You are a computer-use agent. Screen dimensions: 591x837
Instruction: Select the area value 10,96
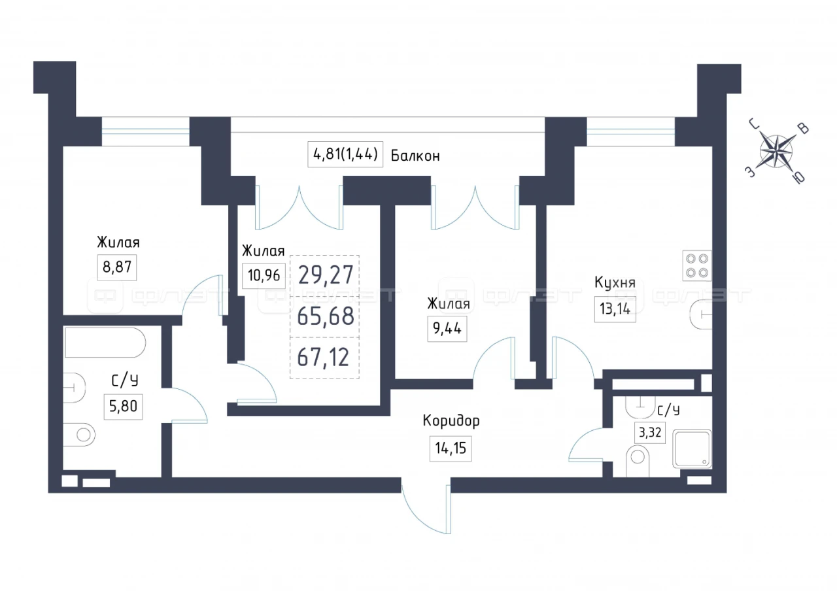pos(264,276)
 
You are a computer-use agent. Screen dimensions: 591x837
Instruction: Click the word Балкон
pos(415,156)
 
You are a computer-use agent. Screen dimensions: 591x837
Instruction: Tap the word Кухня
pos(615,283)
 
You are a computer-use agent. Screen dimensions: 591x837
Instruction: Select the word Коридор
pos(451,421)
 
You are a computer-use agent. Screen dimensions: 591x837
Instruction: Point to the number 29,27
pos(325,273)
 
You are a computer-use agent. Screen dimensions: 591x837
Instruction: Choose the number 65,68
pos(325,316)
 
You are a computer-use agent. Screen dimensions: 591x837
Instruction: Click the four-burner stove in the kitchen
pos(696,265)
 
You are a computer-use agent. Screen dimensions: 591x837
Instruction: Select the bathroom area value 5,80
pos(123,407)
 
